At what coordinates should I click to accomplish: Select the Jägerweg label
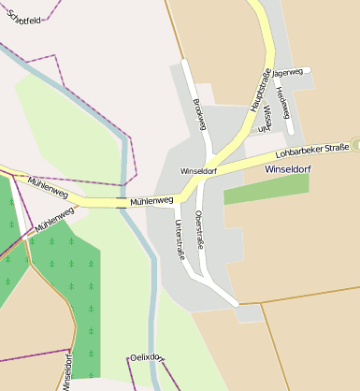coord(285,72)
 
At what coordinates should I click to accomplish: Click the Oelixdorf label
coord(148,357)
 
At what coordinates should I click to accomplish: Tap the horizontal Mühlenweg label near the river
coord(151,200)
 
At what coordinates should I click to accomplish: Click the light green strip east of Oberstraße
coord(266,188)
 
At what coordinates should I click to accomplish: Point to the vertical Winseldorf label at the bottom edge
coord(67,371)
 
